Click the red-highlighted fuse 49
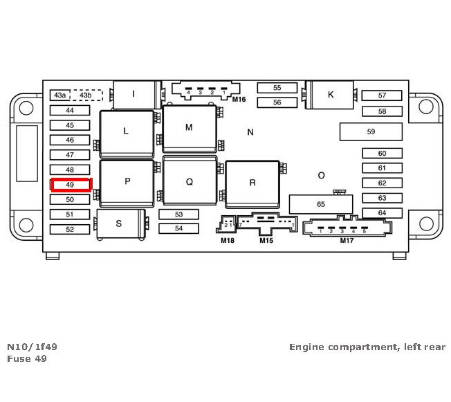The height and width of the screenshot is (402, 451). click(x=70, y=185)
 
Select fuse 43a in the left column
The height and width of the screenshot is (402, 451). click(x=60, y=95)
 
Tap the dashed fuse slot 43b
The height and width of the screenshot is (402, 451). click(x=85, y=95)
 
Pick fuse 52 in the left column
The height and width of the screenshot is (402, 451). click(x=70, y=229)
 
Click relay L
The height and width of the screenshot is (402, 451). click(x=126, y=131)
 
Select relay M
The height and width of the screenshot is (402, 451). click(x=189, y=128)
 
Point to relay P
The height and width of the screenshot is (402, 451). click(x=127, y=182)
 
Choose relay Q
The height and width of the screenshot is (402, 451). click(x=189, y=182)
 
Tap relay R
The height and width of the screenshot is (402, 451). click(x=252, y=183)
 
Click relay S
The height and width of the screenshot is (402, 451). click(x=119, y=223)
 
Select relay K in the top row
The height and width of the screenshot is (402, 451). click(x=331, y=95)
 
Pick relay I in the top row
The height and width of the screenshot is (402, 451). click(x=134, y=94)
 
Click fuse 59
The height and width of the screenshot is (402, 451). click(x=371, y=131)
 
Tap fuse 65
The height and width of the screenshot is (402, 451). click(x=320, y=204)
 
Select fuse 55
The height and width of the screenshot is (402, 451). click(x=277, y=88)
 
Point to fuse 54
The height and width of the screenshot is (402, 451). click(x=178, y=228)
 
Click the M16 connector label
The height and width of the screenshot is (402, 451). click(x=239, y=100)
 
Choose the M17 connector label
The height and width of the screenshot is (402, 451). click(x=347, y=241)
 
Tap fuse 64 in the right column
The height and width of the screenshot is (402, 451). click(x=382, y=213)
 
